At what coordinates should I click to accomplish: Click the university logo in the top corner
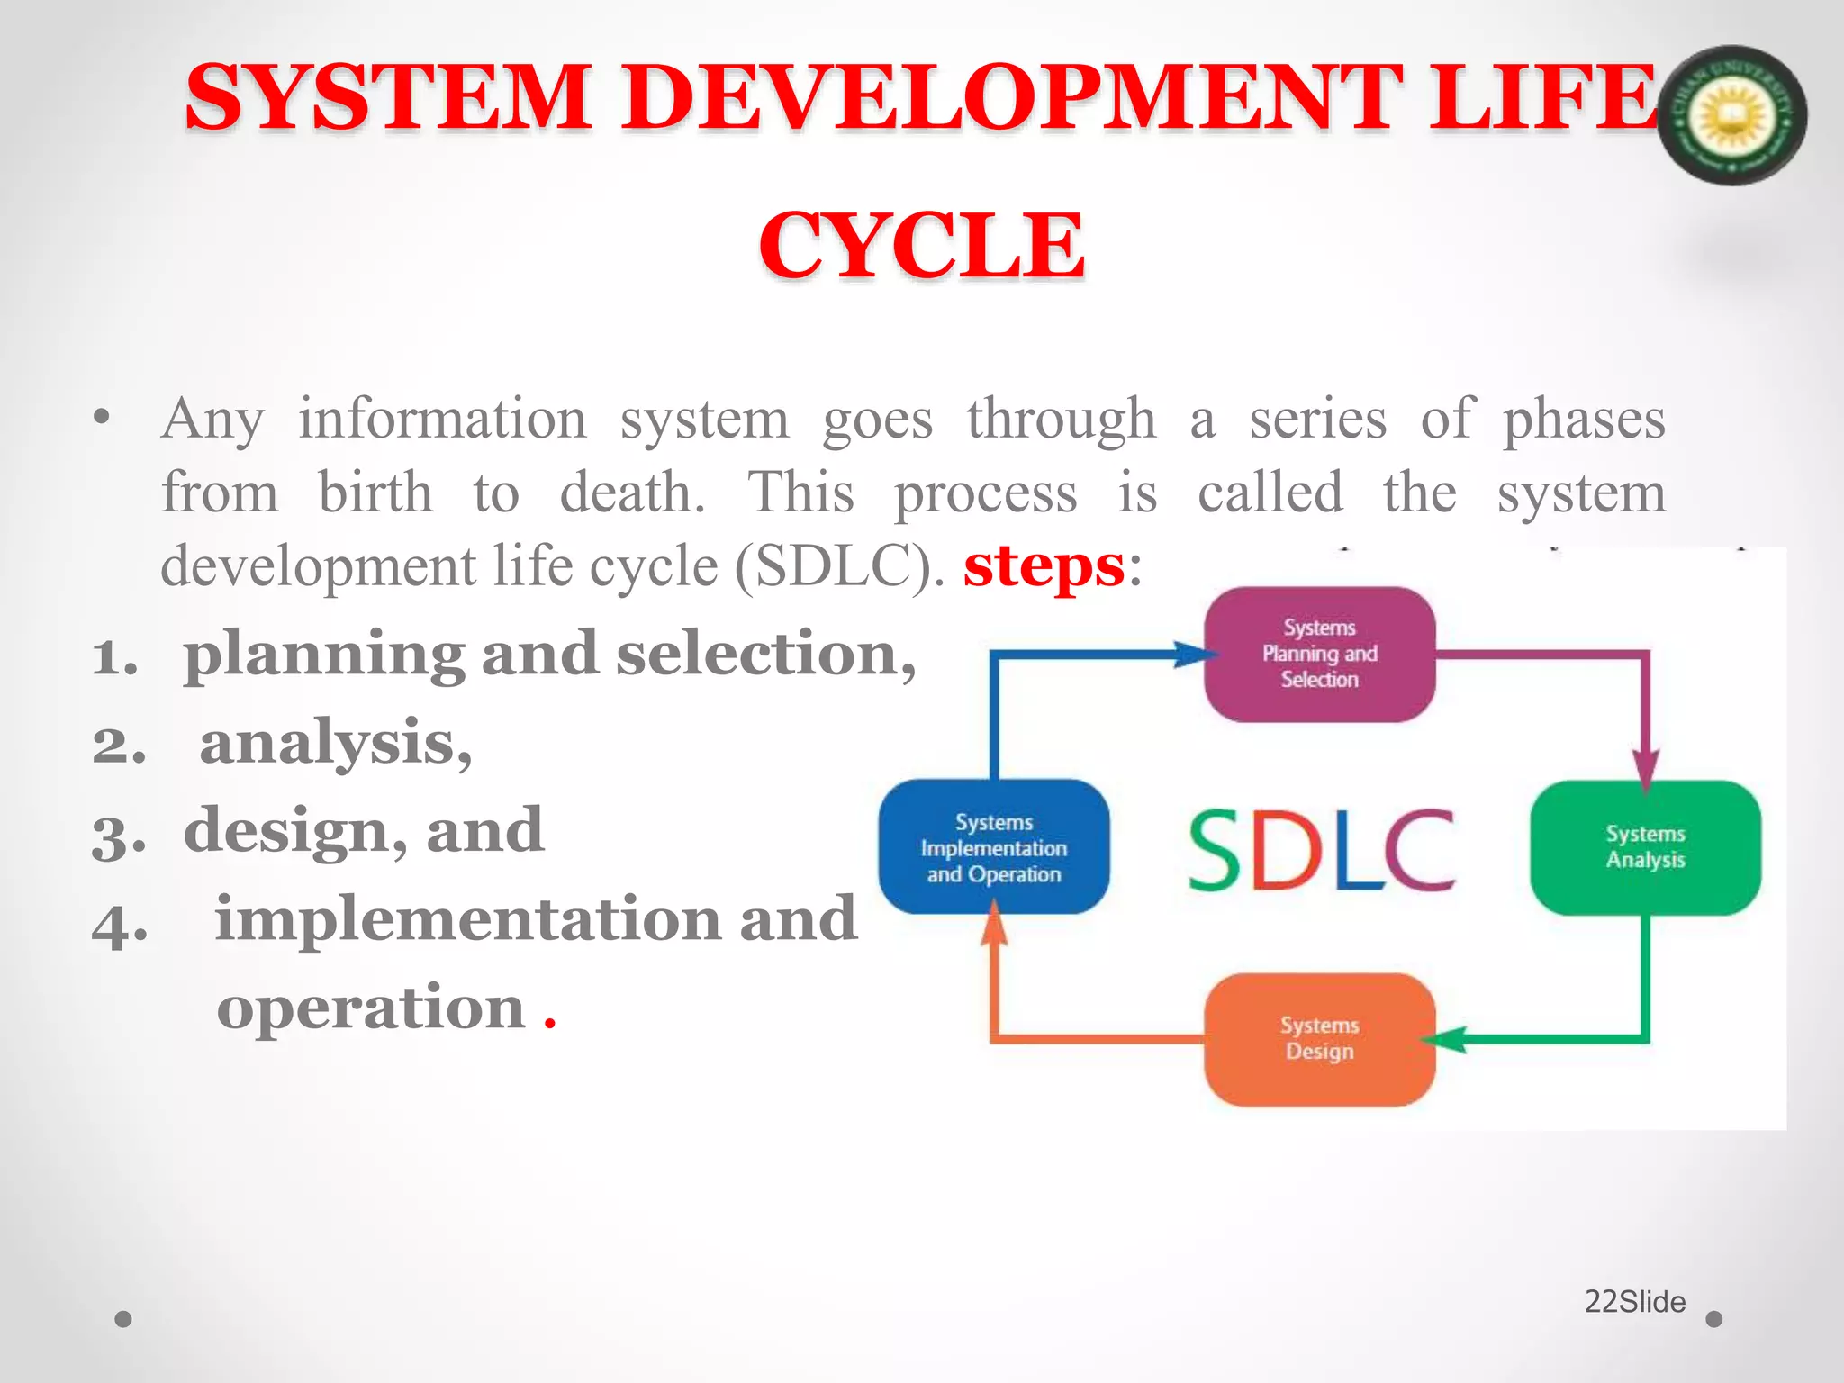pos(1731,115)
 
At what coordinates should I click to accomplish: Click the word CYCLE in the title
pos(921,245)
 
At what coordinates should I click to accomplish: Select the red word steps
pos(1044,567)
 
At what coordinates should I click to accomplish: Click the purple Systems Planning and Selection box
pos(1319,654)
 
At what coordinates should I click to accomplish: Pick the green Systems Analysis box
pos(1645,847)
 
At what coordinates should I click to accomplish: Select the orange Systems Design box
pos(1319,1039)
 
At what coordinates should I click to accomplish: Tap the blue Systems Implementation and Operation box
pos(993,847)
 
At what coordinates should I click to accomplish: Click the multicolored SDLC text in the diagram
pos(1320,850)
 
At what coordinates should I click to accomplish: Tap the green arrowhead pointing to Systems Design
pos(1446,1039)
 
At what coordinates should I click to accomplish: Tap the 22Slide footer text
pos(1634,1302)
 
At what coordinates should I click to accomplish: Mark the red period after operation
pos(550,1024)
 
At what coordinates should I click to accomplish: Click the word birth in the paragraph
pos(375,493)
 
